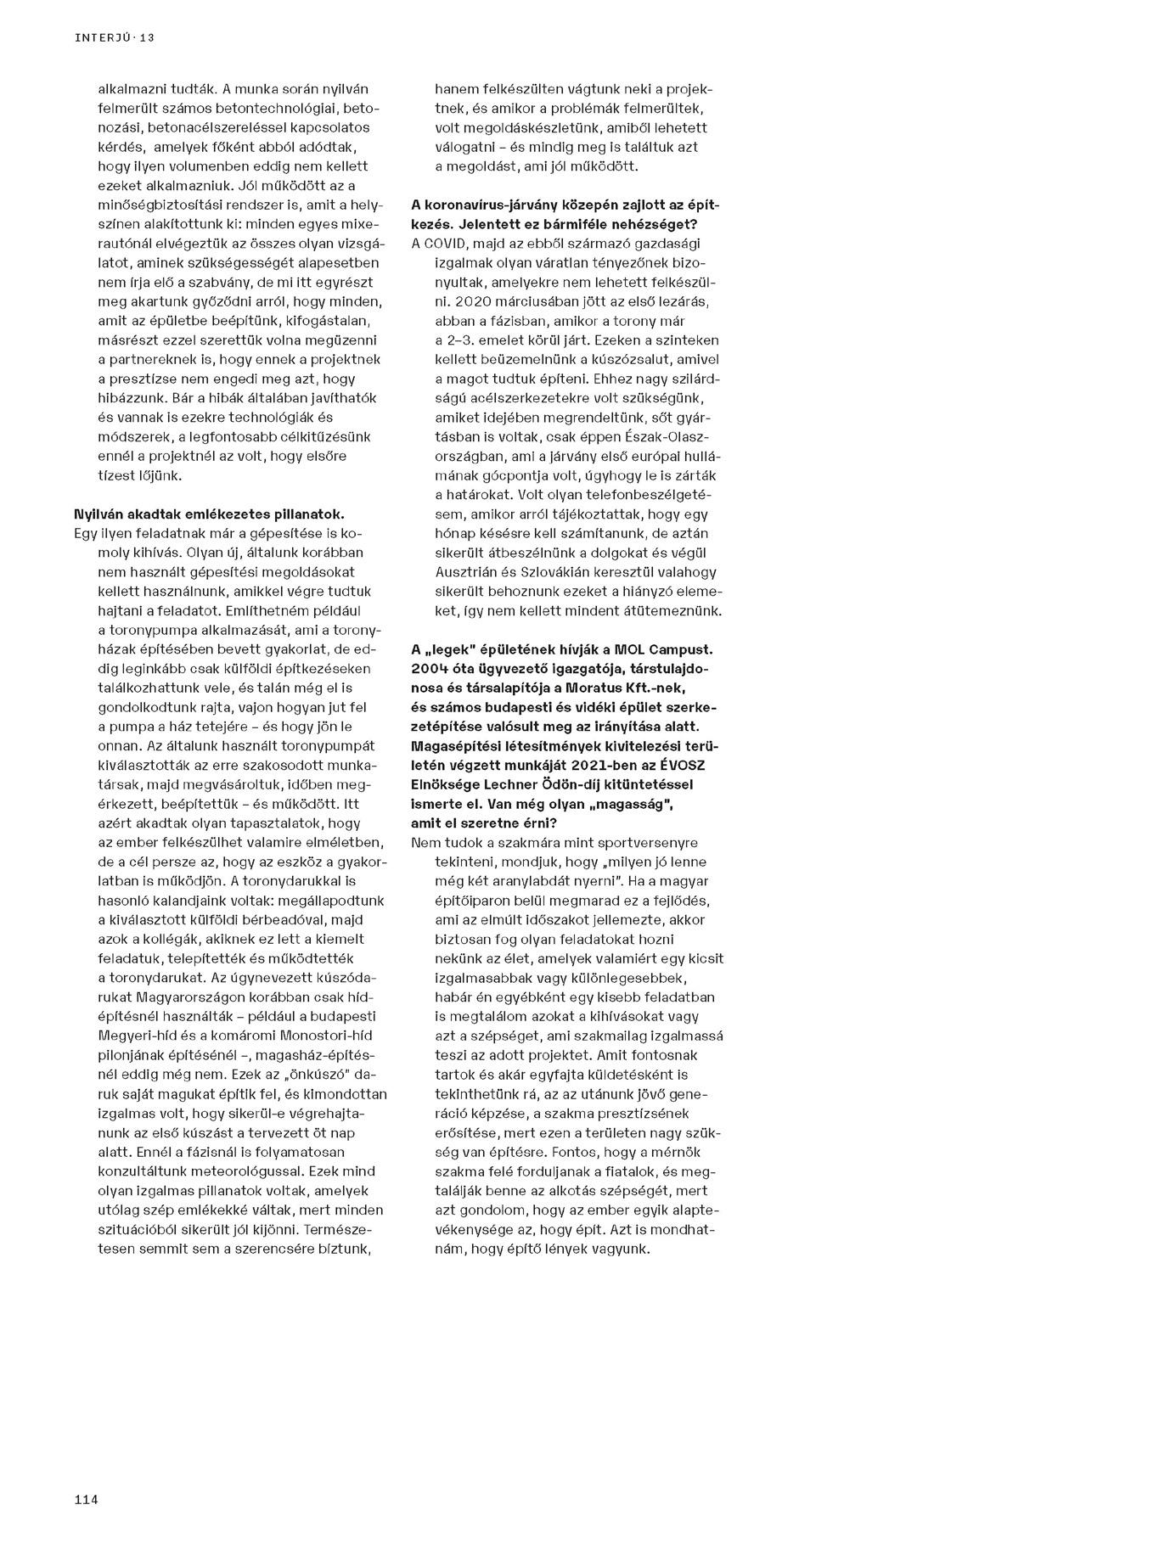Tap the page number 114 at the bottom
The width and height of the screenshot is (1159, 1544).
pos(87,1500)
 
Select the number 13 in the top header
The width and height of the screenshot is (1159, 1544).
pos(147,38)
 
